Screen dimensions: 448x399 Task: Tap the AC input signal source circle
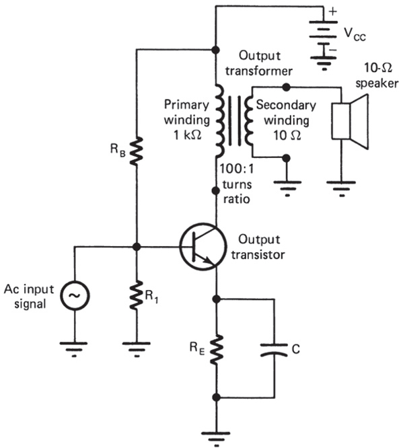pyautogui.click(x=76, y=295)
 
